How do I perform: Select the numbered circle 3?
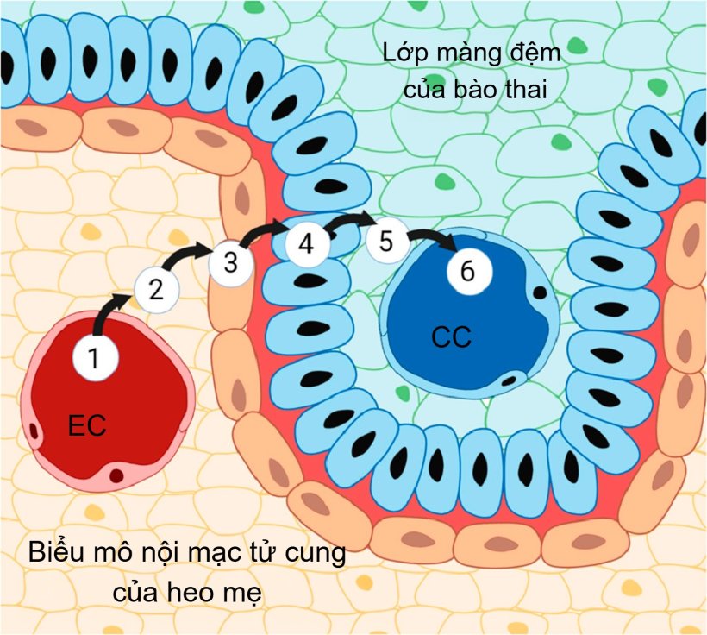230,262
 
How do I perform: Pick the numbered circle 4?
307,244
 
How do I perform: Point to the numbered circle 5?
386,242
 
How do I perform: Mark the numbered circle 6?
467,271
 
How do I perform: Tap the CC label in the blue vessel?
451,337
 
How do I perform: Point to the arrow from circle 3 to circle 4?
267,230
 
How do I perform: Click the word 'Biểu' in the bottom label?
58,553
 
